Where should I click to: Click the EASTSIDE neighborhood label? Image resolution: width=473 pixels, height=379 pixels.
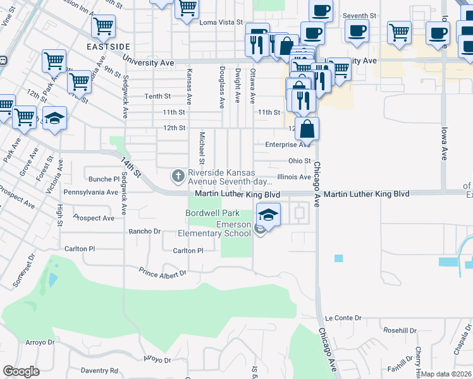(x=109, y=47)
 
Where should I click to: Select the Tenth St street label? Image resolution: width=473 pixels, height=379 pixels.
(x=158, y=96)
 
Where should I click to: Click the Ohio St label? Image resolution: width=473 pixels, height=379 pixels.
(x=299, y=161)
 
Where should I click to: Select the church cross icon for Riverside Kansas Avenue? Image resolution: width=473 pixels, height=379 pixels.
(x=178, y=174)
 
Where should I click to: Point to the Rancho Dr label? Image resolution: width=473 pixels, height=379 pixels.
(x=144, y=231)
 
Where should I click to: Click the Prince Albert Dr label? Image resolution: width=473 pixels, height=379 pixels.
(x=163, y=273)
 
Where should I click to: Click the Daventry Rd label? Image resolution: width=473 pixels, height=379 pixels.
(x=100, y=370)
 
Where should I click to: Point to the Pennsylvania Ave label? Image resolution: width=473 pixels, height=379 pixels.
(x=90, y=191)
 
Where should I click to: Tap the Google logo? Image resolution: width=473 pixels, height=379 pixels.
(x=21, y=371)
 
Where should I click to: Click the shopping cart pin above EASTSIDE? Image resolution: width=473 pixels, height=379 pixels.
(x=103, y=27)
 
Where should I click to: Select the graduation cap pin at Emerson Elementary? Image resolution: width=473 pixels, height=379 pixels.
(x=268, y=215)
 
